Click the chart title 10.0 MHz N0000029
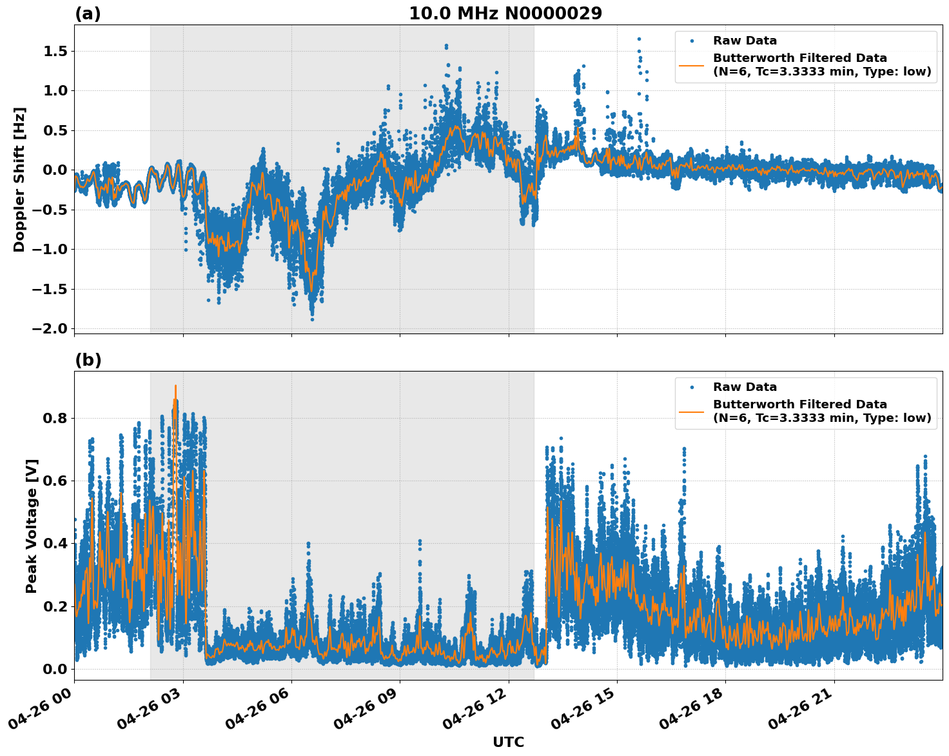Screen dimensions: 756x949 (x=505, y=14)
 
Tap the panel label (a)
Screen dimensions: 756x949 (x=88, y=14)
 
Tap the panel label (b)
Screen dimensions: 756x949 (x=88, y=360)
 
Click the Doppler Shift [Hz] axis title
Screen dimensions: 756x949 (x=19, y=179)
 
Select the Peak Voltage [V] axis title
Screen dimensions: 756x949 (x=32, y=526)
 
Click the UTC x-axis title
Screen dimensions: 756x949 (x=508, y=742)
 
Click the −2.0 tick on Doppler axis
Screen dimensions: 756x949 (x=52, y=328)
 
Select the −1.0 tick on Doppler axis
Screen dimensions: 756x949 (x=52, y=249)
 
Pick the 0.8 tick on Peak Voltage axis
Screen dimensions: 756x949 (x=55, y=418)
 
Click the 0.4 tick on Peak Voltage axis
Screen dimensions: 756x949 (x=55, y=543)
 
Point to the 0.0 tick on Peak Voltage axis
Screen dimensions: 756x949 (x=55, y=669)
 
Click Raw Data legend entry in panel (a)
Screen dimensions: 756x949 (x=745, y=41)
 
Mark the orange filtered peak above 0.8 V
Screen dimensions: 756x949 (x=175, y=386)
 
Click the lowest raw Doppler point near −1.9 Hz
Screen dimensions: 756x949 (x=312, y=319)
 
